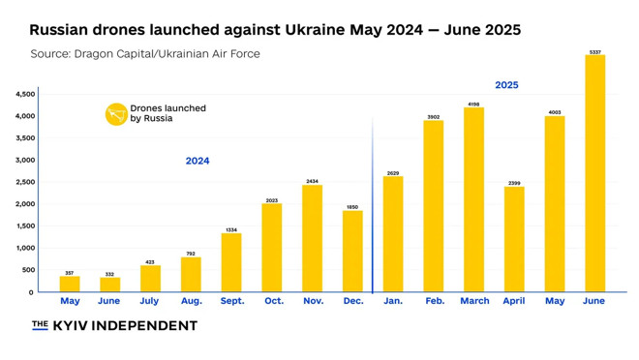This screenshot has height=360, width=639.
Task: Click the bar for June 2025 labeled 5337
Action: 594,173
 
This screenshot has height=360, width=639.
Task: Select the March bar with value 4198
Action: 473,199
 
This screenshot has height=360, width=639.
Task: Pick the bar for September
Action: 231,262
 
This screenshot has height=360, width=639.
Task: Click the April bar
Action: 514,239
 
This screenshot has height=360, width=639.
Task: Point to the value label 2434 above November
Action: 312,181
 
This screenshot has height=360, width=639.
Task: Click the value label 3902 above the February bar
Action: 433,117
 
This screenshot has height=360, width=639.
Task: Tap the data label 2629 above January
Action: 392,172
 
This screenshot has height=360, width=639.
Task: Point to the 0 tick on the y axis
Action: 30,292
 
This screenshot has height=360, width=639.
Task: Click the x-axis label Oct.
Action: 273,302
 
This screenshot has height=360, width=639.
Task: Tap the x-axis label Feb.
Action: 434,302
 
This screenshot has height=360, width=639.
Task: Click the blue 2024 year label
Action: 198,162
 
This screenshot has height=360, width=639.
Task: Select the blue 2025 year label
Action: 506,85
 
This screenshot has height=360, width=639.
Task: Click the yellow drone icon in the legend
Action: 116,114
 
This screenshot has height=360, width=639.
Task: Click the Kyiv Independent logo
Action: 114,326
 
